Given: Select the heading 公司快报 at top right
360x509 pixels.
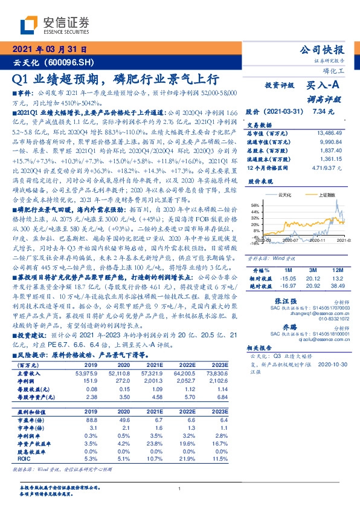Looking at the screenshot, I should pos(323,50).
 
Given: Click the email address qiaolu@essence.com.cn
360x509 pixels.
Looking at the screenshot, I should pos(298,340).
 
